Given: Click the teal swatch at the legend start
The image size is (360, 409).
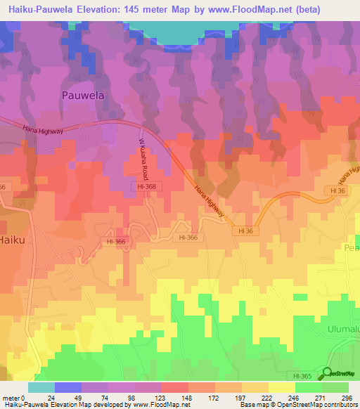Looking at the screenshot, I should click(x=41, y=387).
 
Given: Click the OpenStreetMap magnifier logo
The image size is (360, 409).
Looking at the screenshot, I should click(x=326, y=372).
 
